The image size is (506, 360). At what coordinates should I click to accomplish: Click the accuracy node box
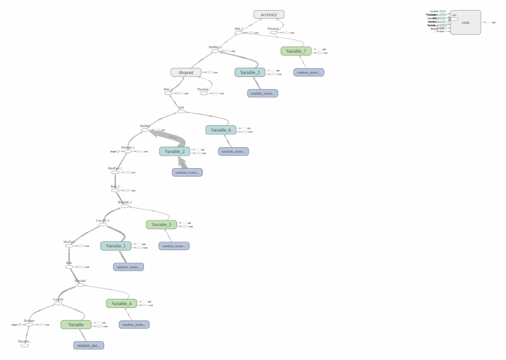pyautogui.click(x=269, y=14)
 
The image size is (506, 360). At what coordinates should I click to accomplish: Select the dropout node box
pyautogui.click(x=186, y=72)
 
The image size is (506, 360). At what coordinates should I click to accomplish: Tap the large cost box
pyautogui.click(x=466, y=23)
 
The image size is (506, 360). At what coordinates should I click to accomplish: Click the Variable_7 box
pyautogui.click(x=296, y=51)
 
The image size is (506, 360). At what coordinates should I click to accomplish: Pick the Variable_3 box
pyautogui.click(x=250, y=72)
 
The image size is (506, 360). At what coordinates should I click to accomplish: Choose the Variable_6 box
pyautogui.click(x=220, y=130)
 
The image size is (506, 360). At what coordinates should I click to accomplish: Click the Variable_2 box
pyautogui.click(x=174, y=151)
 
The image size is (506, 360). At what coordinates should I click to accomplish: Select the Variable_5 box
pyautogui.click(x=161, y=224)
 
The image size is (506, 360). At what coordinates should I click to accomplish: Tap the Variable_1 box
pyautogui.click(x=116, y=246)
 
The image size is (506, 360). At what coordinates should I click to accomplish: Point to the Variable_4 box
pyautogui.click(x=121, y=303)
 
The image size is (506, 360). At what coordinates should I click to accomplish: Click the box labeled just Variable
pyautogui.click(x=76, y=325)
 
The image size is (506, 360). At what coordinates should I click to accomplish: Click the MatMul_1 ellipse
pyautogui.click(x=215, y=51)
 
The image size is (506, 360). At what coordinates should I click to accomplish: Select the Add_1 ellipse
pyautogui.click(x=239, y=32)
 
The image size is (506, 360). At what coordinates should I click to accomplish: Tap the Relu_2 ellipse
pyautogui.click(x=168, y=93)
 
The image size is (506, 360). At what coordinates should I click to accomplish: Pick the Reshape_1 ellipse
pyautogui.click(x=128, y=151)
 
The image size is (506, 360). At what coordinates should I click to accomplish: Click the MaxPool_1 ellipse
pyautogui.click(x=115, y=172)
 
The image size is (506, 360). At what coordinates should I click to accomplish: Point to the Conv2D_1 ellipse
pyautogui.click(x=103, y=224)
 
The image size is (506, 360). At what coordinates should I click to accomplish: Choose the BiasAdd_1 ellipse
pyautogui.click(x=125, y=206)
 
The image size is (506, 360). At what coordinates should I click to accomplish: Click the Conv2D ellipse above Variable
pyautogui.click(x=58, y=303)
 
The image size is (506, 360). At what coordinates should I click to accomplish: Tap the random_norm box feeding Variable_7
pyautogui.click(x=309, y=72)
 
